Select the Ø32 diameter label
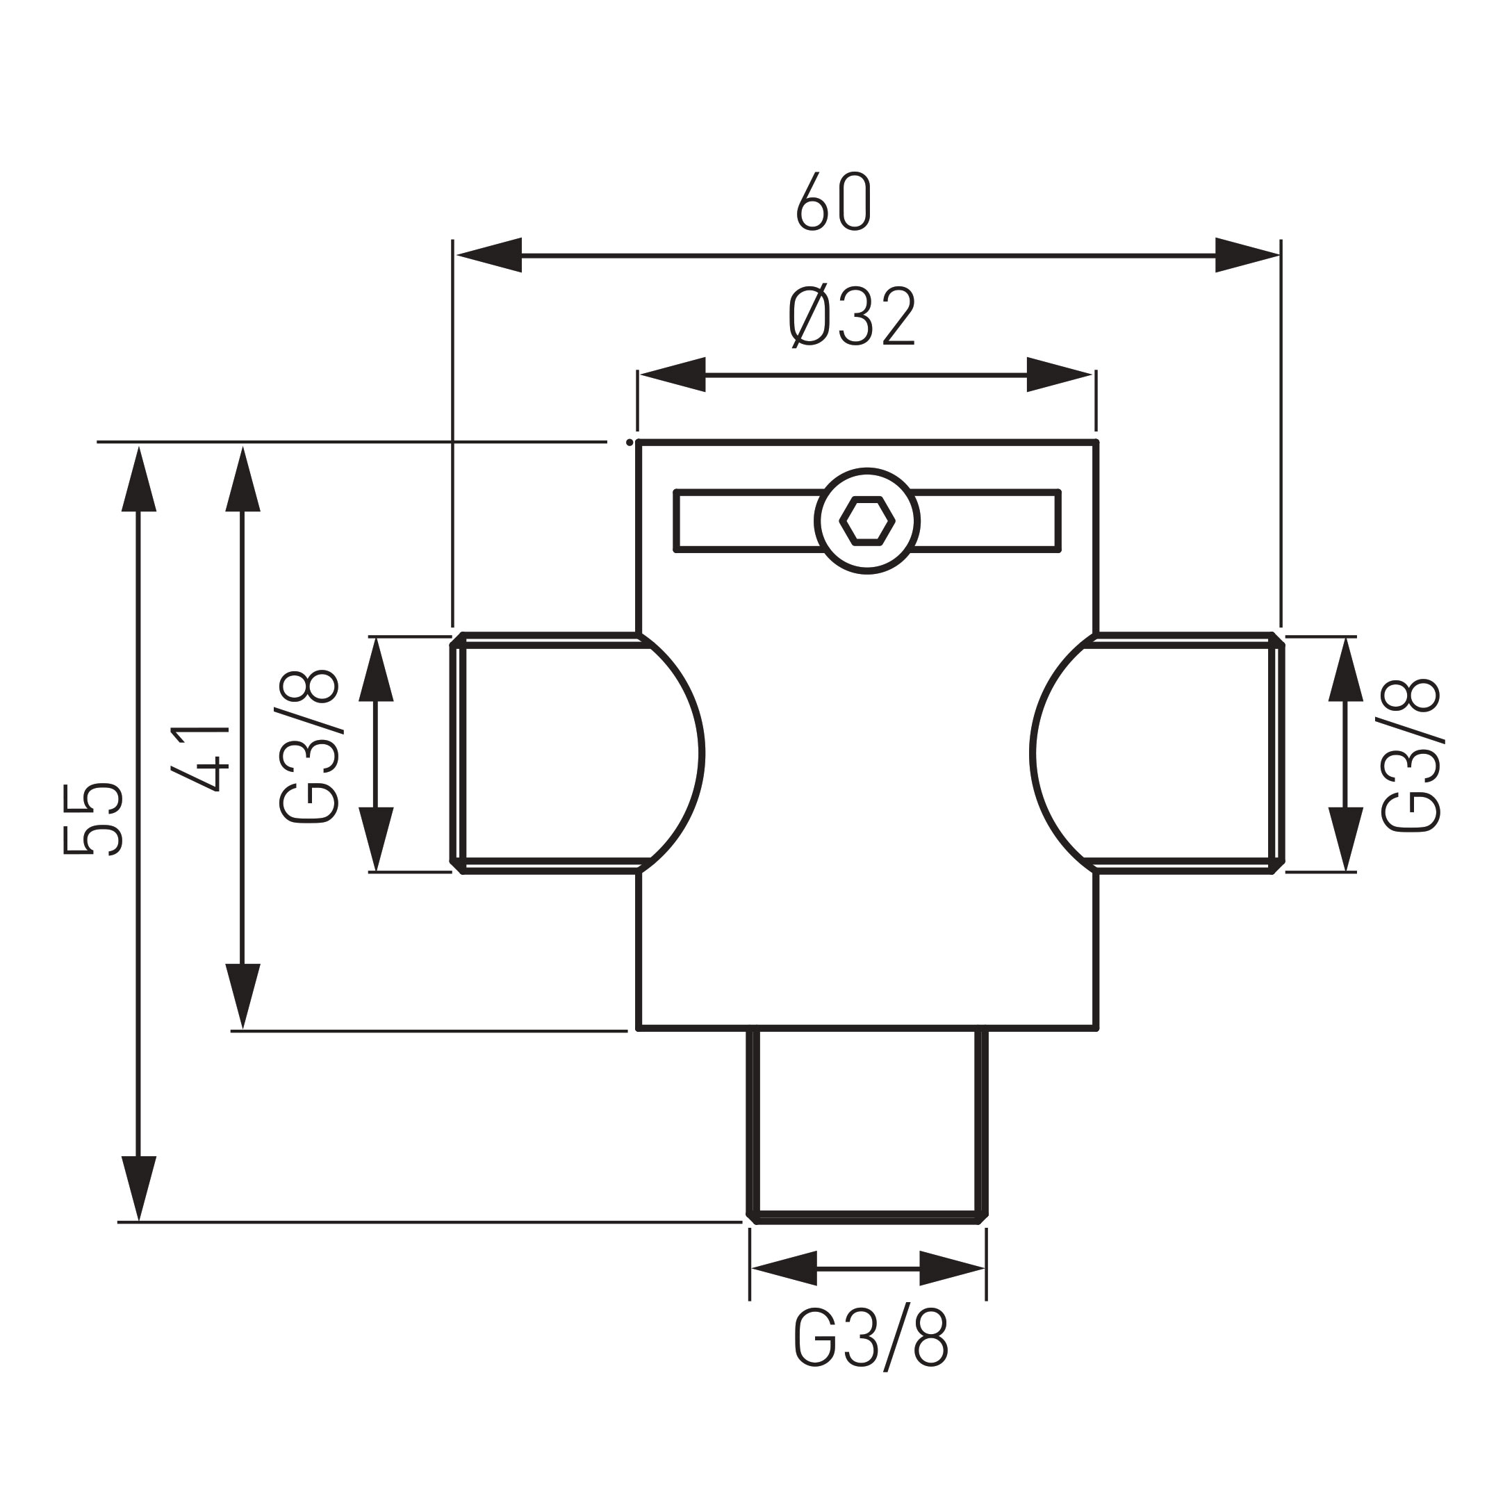853,317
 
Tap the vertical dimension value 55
93,820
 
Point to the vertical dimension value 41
200,758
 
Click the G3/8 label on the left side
309,747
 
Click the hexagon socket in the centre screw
867,521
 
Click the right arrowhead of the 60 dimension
1246,255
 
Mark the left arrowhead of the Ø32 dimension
673,375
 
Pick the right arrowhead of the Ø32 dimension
1058,375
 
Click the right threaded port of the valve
1185,753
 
